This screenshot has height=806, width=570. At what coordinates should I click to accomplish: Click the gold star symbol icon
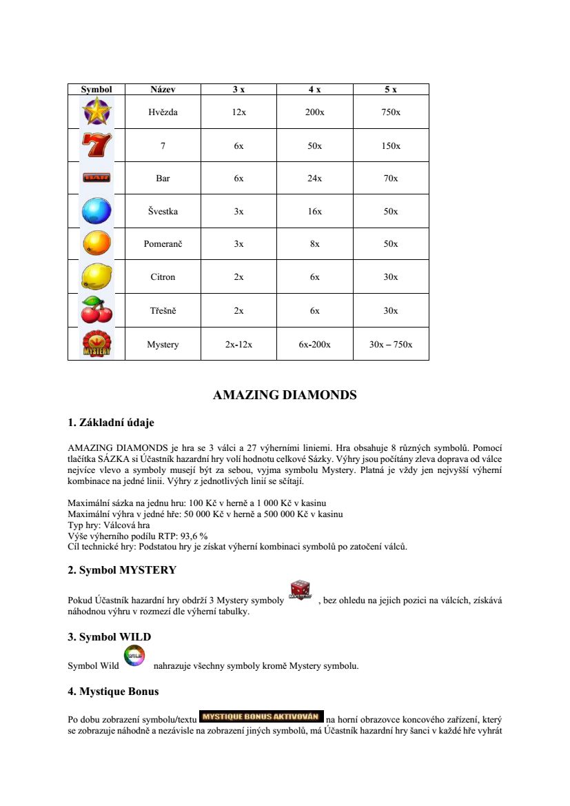click(96, 112)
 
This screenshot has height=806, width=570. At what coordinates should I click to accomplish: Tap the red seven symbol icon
click(96, 145)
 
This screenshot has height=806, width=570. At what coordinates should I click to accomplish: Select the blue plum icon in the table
click(96, 211)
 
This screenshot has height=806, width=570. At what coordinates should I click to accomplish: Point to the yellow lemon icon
click(96, 277)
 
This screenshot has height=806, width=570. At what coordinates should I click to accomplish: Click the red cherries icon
click(96, 310)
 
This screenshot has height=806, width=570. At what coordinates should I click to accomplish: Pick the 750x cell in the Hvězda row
click(391, 112)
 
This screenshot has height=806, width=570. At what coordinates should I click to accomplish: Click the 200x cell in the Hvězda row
click(314, 112)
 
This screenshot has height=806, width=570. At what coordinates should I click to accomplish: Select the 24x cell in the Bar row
click(314, 179)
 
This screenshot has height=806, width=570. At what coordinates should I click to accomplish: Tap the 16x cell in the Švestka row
click(314, 212)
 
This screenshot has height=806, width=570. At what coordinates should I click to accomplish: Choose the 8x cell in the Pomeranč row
click(314, 244)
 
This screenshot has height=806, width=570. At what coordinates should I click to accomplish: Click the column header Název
click(163, 90)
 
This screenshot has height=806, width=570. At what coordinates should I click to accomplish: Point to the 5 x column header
click(391, 90)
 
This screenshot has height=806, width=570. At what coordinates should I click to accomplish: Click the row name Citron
click(163, 277)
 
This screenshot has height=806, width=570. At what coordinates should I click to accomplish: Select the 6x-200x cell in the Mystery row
click(314, 344)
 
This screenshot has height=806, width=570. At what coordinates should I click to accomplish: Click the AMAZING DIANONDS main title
click(285, 395)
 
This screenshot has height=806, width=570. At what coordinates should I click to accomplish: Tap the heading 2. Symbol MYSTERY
click(122, 570)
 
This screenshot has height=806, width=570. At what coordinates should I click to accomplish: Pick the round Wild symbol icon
click(134, 656)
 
